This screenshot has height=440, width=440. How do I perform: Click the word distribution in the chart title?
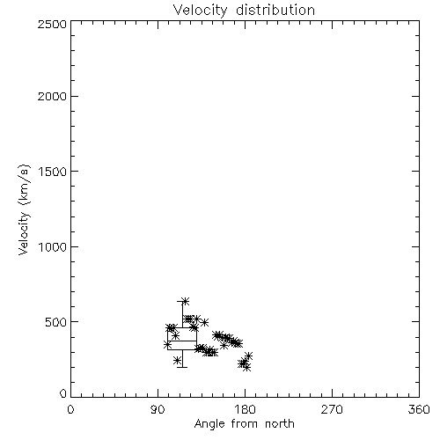[275, 10]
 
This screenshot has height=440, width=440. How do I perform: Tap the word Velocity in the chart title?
[201, 11]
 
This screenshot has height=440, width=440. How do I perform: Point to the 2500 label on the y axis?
[52, 24]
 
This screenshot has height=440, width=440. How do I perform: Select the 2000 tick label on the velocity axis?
[52, 96]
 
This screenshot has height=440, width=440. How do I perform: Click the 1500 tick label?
[53, 172]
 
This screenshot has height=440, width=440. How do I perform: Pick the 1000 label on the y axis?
[53, 246]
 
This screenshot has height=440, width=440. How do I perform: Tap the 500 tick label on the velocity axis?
[56, 322]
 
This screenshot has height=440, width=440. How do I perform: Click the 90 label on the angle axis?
[158, 409]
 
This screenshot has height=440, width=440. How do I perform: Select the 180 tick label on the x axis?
[245, 409]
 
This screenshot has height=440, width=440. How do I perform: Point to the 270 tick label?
[332, 409]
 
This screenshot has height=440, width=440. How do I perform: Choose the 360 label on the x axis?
[419, 409]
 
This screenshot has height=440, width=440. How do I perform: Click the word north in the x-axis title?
[280, 423]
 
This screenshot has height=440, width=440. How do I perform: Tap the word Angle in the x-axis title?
[209, 424]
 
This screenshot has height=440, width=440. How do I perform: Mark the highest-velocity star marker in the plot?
[186, 301]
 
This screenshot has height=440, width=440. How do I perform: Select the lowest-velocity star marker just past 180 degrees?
[247, 368]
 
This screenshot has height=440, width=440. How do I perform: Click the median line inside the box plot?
[182, 341]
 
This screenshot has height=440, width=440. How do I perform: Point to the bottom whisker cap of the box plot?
[182, 367]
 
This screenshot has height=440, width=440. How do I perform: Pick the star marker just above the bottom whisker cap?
[177, 360]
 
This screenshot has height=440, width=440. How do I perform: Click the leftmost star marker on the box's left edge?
[167, 344]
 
